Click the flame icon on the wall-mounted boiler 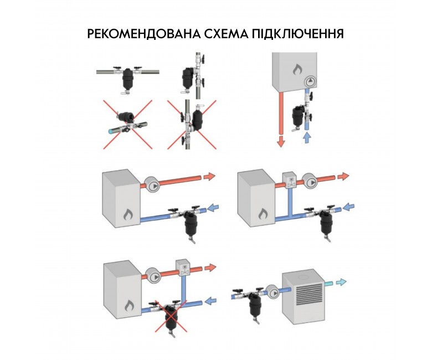[x=297, y=70]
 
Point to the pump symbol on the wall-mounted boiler [x=310, y=81]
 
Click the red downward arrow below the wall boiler [x=281, y=141]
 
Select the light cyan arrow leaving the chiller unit [x=341, y=282]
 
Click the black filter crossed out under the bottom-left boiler [x=171, y=317]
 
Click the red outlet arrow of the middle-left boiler [x=210, y=176]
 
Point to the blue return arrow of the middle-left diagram [x=213, y=207]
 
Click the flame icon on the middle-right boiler [x=264, y=214]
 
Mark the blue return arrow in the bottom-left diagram [x=211, y=300]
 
